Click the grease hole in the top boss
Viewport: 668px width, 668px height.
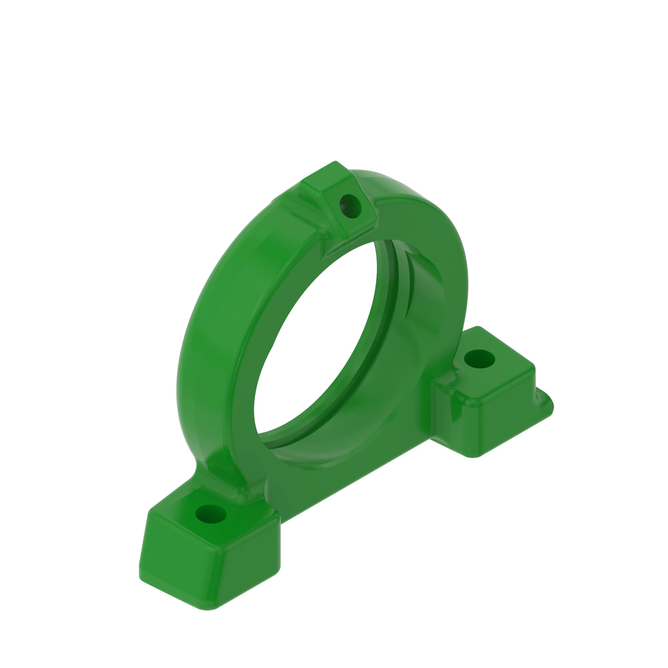(350, 206)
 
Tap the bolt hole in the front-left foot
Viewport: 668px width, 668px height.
(210, 514)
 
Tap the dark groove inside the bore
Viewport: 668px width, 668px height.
(391, 311)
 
